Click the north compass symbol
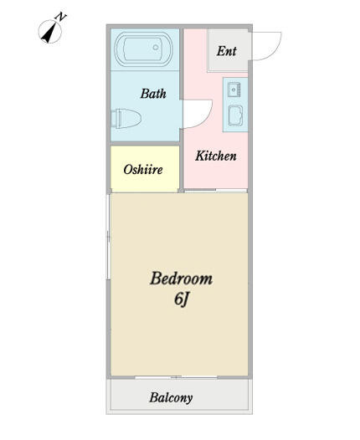pyautogui.click(x=50, y=32)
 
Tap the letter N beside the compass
pyautogui.click(x=60, y=17)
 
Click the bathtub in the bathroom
pyautogui.click(x=143, y=49)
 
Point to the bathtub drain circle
pyautogui.click(x=156, y=48)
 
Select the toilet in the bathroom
pyautogui.click(x=126, y=119)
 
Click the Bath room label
pyautogui.click(x=153, y=94)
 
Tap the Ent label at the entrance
pyautogui.click(x=227, y=51)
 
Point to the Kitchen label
pyautogui.click(x=216, y=156)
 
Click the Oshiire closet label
pyautogui.click(x=143, y=170)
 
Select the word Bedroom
pyautogui.click(x=182, y=279)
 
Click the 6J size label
pyautogui.click(x=181, y=299)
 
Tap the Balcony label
pyautogui.click(x=171, y=397)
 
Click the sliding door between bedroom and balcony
pyautogui.click(x=177, y=377)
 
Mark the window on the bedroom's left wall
pyautogui.click(x=108, y=237)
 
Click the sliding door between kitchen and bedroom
pyautogui.click(x=215, y=191)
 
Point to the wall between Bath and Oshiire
pyautogui.click(x=145, y=144)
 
